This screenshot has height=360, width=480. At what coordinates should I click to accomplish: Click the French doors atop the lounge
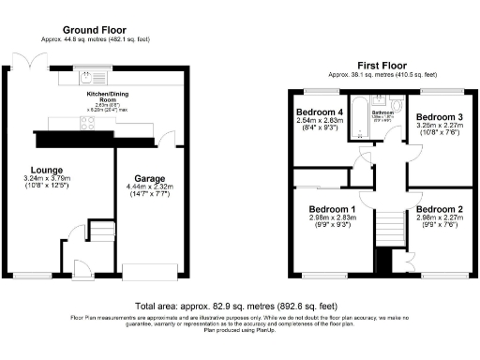point(35,60)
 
